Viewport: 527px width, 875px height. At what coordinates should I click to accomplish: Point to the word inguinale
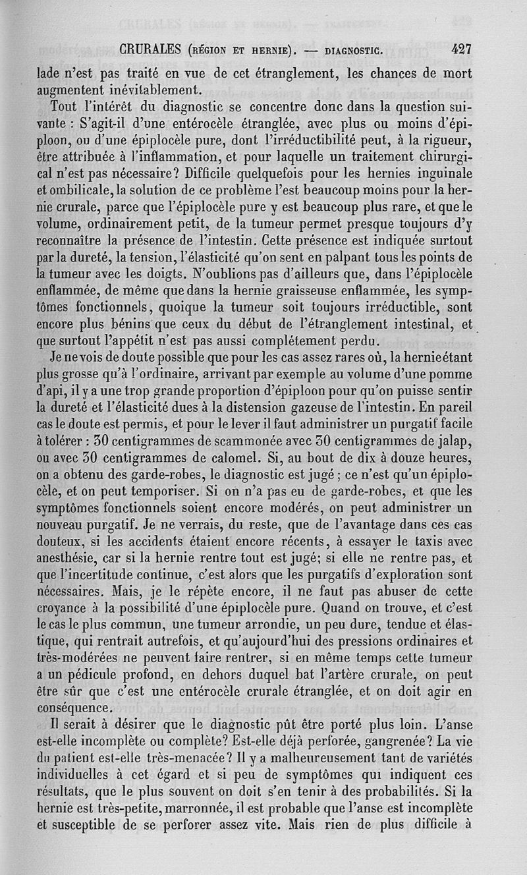(x=443, y=175)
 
